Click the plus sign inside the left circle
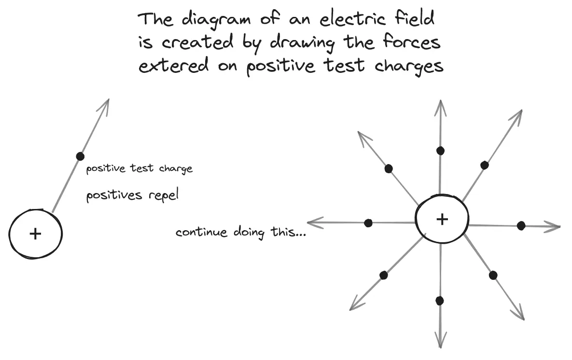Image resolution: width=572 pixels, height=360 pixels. [35, 234]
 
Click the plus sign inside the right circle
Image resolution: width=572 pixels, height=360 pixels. [442, 220]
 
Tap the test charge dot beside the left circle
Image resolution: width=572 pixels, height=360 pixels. [80, 156]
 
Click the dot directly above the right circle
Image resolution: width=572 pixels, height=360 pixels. [440, 151]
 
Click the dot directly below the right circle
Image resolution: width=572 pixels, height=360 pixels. [439, 301]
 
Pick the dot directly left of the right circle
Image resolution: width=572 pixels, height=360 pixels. [368, 223]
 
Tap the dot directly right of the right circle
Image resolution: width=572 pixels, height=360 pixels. [521, 225]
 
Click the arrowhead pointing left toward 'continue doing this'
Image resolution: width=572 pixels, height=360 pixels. [311, 222]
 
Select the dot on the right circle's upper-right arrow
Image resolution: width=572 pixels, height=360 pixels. [485, 165]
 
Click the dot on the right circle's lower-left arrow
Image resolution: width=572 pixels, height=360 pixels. [384, 275]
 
